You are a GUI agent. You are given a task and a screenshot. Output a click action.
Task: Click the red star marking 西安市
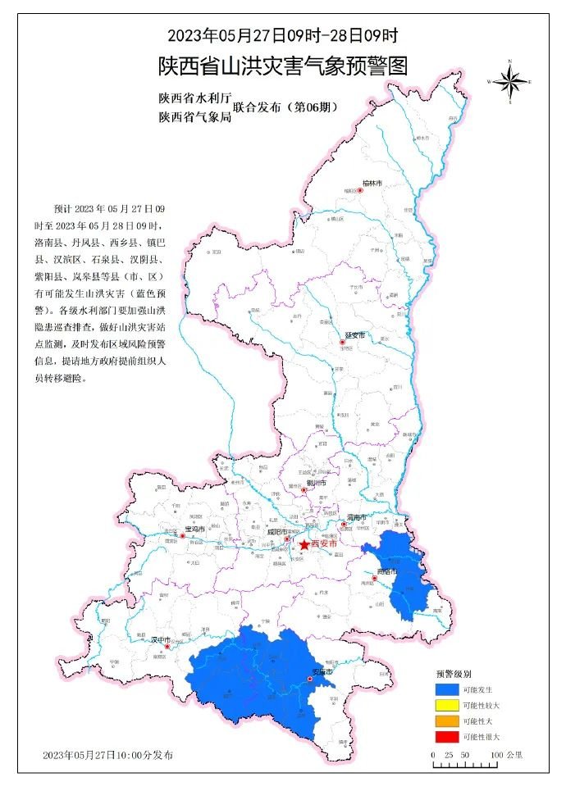304,544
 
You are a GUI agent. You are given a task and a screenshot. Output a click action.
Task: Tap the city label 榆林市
373,183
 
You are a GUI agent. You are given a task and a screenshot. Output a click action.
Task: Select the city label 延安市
354,336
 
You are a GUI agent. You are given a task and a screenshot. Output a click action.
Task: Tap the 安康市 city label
321,672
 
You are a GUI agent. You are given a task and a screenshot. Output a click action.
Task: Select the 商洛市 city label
386,570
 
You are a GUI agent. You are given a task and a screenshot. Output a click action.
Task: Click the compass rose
509,81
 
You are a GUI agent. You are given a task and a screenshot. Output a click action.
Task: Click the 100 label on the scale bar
498,756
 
